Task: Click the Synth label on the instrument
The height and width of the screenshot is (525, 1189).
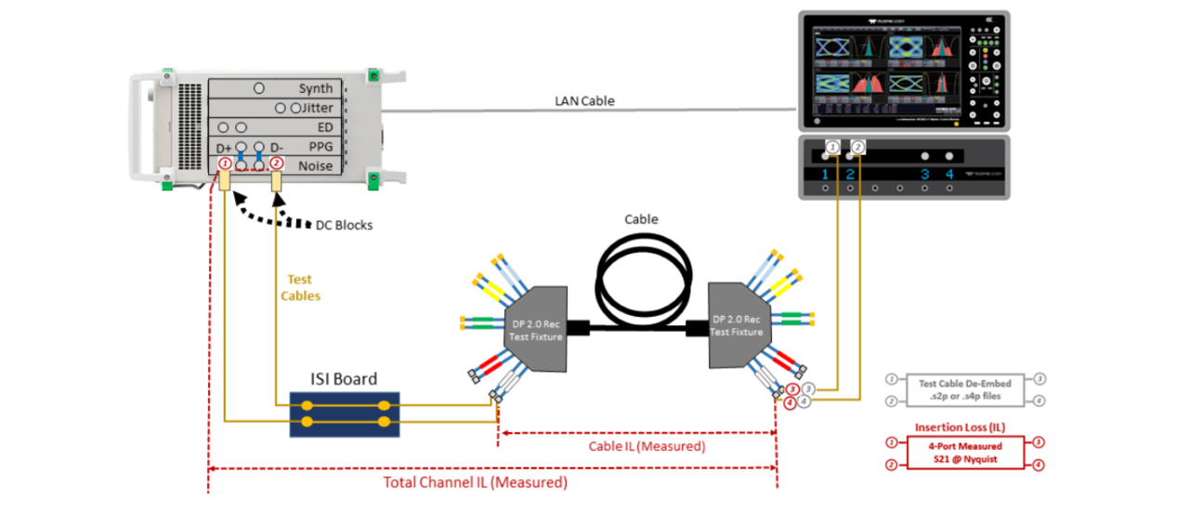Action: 315,89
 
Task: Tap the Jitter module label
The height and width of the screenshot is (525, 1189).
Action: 316,109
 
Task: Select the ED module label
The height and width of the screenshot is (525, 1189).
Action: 325,127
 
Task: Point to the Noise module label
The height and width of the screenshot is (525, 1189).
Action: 314,165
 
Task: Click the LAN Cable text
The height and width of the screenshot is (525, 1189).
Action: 584,100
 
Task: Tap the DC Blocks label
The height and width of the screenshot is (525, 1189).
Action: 342,224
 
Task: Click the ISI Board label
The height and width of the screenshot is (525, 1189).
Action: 343,378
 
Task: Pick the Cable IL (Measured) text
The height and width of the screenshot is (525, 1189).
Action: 647,446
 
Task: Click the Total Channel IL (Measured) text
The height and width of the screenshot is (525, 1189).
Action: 475,483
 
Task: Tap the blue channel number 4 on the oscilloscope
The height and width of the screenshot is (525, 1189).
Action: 948,174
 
